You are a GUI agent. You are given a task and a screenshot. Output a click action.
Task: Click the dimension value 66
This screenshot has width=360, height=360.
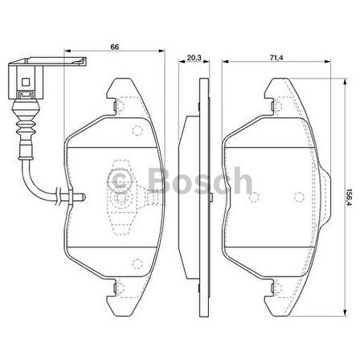pos(115,48)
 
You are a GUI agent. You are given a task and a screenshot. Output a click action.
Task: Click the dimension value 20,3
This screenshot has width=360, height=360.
pos(192,58)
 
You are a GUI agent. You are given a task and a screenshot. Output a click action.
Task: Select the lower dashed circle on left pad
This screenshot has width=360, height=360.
pos(135,262)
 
